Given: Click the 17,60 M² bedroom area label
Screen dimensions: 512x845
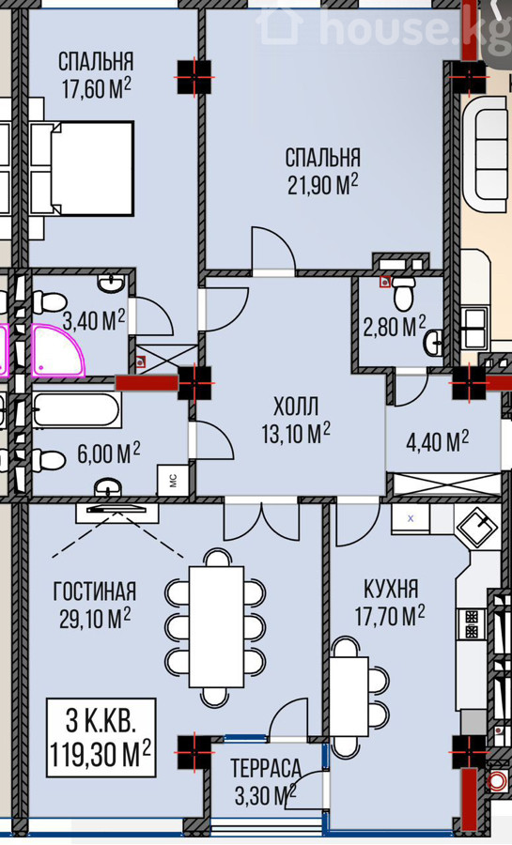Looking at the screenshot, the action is click(97, 89).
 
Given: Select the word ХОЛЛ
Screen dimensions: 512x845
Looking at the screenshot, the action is click(296, 407).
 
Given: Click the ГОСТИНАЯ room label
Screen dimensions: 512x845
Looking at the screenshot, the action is click(94, 591).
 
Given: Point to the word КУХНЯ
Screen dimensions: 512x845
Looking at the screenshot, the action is click(391, 589).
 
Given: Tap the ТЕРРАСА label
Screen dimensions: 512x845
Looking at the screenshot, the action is click(266, 768).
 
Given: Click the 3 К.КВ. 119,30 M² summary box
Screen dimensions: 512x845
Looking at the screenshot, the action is click(101, 738).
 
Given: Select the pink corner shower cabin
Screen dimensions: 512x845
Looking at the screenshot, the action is click(58, 350).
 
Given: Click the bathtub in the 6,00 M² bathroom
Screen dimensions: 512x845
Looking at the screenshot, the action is click(76, 410).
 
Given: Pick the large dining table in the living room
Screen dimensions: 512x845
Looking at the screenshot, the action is click(216, 626).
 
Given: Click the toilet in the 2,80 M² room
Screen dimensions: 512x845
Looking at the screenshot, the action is click(403, 294).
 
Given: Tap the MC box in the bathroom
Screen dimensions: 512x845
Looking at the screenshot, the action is click(173, 480).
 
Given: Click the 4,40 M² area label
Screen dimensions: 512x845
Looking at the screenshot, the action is click(437, 441).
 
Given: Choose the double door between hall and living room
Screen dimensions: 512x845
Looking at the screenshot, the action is click(261, 520).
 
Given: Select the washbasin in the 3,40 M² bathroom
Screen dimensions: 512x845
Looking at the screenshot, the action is click(112, 283).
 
